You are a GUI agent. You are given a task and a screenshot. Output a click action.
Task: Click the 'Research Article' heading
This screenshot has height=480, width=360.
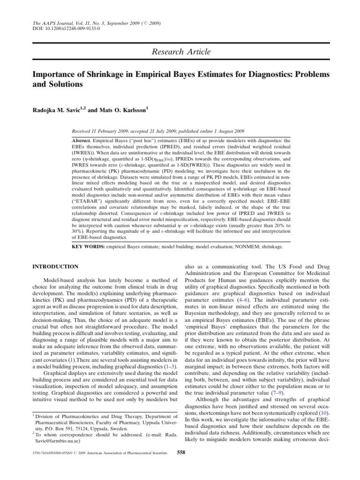click(181, 52)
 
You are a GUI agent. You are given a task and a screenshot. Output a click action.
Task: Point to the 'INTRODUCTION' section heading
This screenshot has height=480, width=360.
click(55, 267)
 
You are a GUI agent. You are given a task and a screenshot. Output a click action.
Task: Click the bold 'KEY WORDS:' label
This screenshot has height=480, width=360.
click(87, 246)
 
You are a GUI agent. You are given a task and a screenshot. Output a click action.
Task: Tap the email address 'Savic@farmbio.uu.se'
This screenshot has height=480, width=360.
click(56, 441)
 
